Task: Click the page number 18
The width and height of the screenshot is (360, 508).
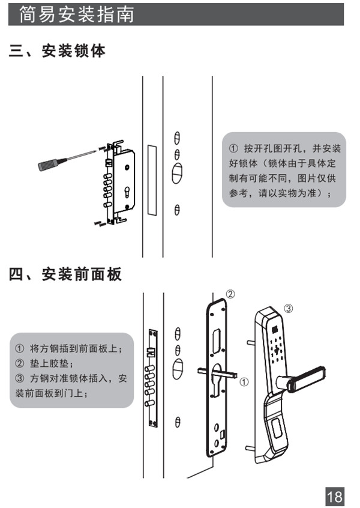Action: pyautogui.click(x=335, y=496)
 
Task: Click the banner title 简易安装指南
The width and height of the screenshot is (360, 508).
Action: pyautogui.click(x=76, y=14)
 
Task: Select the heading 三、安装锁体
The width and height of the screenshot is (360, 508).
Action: pyautogui.click(x=57, y=51)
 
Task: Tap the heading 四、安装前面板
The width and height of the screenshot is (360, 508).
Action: pyautogui.click(x=65, y=274)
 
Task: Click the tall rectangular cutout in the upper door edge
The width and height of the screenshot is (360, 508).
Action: pyautogui.click(x=151, y=180)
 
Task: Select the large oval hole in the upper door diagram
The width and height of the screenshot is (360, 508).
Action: pyautogui.click(x=176, y=173)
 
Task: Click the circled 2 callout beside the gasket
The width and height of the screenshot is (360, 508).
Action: pyautogui.click(x=230, y=294)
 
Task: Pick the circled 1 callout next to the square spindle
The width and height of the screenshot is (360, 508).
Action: pyautogui.click(x=243, y=381)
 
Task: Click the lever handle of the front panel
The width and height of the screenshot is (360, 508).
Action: pyautogui.click(x=306, y=378)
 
